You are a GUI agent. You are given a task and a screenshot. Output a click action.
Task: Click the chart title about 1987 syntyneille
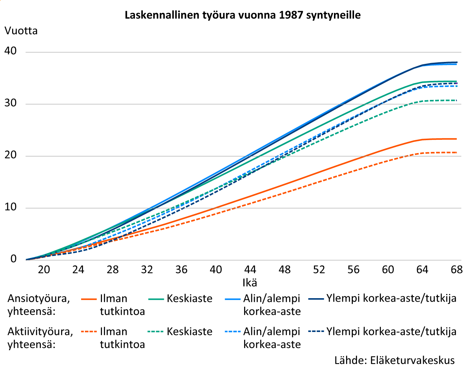click(x=243, y=16)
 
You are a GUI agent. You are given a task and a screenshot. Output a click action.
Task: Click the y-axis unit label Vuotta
click(x=21, y=30)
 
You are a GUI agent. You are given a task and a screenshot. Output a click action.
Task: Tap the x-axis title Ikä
click(x=249, y=283)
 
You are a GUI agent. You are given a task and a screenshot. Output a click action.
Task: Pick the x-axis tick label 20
click(x=44, y=270)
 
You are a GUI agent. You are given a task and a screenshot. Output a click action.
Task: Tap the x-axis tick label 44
click(x=250, y=270)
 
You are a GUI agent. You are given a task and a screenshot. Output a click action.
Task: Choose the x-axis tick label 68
click(x=456, y=270)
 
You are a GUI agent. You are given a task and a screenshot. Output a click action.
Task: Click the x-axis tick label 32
click(x=147, y=270)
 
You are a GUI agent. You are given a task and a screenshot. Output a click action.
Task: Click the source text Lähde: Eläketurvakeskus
click(x=394, y=360)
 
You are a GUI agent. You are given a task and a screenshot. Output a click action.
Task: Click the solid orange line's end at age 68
click(x=456, y=139)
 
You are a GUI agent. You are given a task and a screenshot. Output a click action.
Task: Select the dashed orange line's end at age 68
click(x=456, y=153)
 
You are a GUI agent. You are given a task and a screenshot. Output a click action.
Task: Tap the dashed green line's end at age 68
click(x=456, y=100)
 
